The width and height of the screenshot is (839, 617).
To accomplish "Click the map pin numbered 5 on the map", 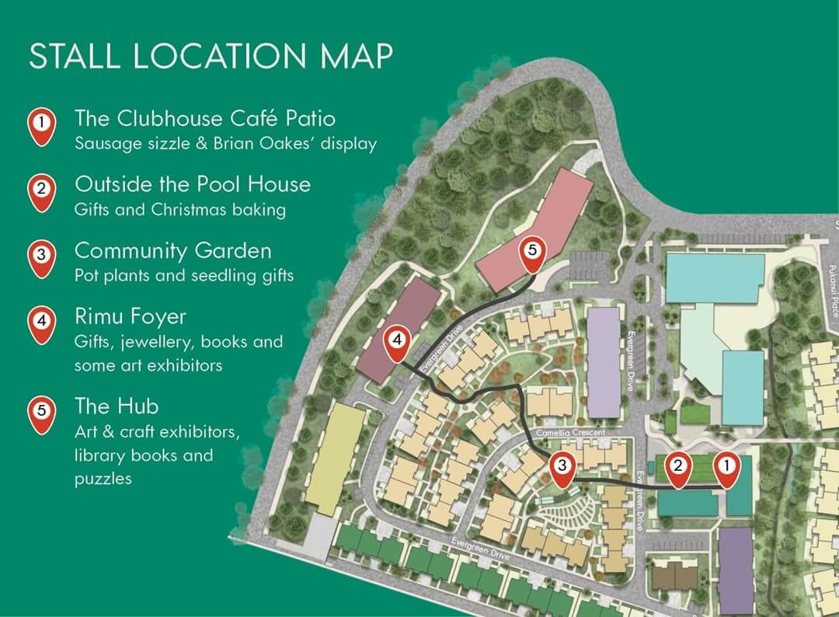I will (532, 253).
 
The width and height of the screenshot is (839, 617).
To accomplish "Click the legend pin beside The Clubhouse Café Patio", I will (41, 124).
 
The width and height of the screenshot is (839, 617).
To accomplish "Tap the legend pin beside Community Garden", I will (41, 256).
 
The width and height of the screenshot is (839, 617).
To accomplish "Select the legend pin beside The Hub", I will (41, 413).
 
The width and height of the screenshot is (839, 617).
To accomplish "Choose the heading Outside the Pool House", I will (192, 185).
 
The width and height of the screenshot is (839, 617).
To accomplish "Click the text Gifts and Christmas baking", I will (179, 210).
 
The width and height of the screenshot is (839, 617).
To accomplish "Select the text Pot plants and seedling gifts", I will (184, 276).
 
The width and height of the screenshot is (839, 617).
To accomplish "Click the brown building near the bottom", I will (674, 576).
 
